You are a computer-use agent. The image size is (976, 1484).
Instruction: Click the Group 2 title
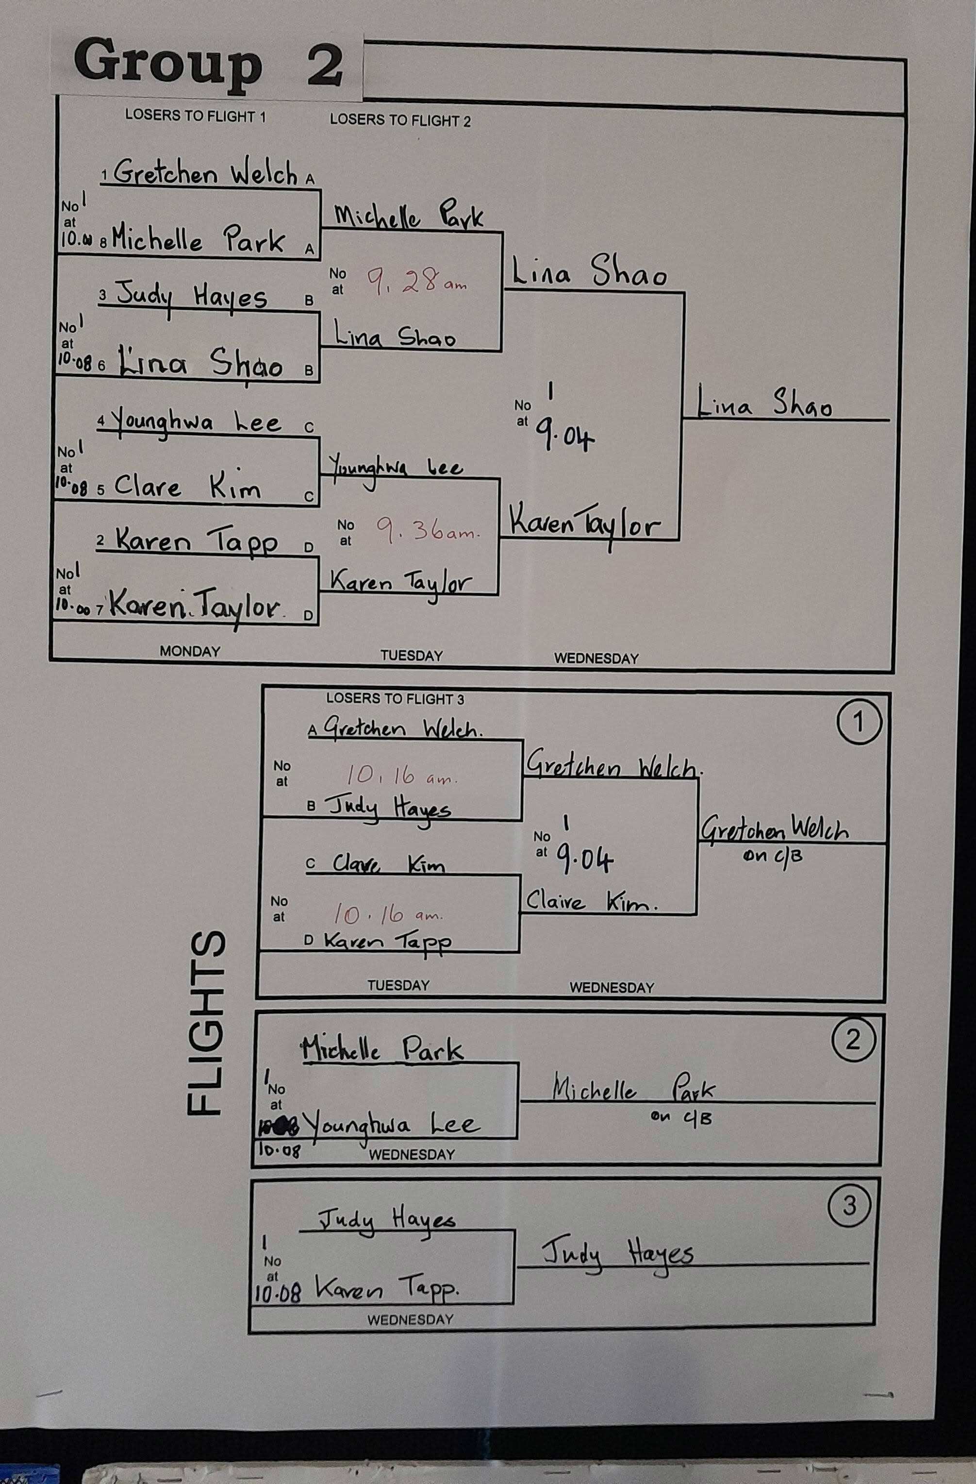208,66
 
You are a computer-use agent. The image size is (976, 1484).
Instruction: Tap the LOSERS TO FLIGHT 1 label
195,116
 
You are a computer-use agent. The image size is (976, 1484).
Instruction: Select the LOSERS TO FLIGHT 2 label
400,120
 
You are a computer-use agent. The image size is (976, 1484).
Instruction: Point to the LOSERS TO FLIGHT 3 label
395,699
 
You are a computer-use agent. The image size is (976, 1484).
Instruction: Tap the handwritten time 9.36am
428,531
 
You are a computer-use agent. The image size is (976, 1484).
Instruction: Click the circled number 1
858,722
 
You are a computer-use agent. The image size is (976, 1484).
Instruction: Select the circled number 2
853,1039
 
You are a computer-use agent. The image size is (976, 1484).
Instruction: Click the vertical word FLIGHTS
206,1022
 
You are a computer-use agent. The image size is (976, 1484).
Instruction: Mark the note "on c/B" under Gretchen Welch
772,856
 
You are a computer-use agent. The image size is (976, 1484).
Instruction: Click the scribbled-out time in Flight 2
279,1126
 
